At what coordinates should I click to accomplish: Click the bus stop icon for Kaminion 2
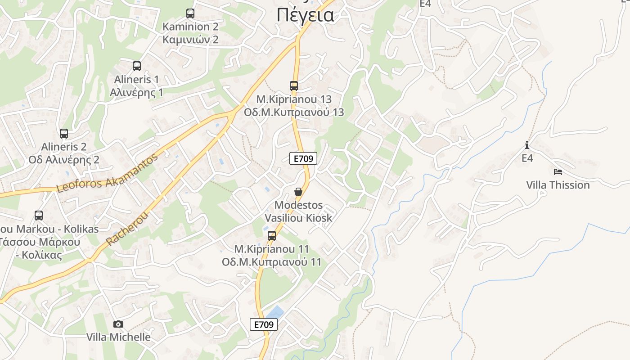coord(190,13)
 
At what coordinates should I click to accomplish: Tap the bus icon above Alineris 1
coord(137,66)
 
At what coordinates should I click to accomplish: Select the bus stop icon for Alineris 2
coord(64,134)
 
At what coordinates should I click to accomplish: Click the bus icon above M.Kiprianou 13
coord(294,85)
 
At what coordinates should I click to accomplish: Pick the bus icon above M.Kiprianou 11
coord(272,236)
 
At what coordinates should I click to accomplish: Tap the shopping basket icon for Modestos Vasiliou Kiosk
coord(298,192)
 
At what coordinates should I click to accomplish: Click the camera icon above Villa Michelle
coord(118,324)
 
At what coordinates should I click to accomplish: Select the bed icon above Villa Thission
coord(558,172)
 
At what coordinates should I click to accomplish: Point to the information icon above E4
coord(527,145)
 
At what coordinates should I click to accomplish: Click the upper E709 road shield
coord(303,158)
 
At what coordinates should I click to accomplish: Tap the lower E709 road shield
coord(264,324)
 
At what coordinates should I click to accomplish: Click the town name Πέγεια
coord(306,15)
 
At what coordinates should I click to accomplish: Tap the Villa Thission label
coord(558,185)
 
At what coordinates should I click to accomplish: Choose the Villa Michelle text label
coord(118,337)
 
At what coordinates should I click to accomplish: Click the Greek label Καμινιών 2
coord(190,40)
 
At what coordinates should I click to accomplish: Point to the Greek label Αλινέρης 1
coord(137,92)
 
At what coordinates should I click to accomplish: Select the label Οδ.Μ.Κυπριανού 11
coord(272,262)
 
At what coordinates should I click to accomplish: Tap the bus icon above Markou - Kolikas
coord(39,216)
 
